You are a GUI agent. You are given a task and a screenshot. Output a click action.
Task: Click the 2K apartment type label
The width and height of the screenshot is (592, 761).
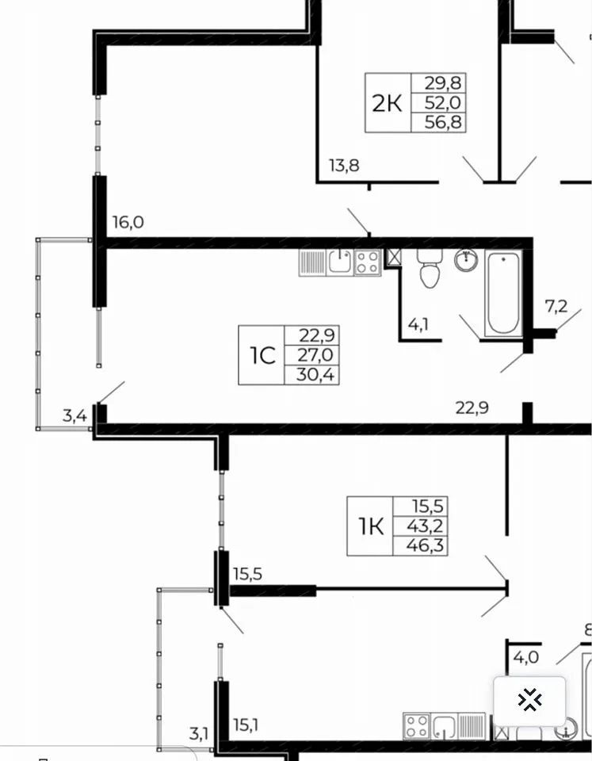click(x=387, y=103)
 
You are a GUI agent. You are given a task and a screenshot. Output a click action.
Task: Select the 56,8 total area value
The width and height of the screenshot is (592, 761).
click(x=442, y=122)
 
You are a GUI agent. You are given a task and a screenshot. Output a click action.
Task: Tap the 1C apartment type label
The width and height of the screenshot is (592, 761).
click(x=262, y=356)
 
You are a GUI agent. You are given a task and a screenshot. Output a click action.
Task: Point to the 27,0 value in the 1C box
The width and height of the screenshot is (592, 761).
click(x=315, y=355)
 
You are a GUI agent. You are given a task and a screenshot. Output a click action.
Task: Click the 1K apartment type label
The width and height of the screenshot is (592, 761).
click(x=371, y=526)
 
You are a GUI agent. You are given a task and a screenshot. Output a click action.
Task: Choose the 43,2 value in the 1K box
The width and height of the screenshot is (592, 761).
click(x=425, y=526)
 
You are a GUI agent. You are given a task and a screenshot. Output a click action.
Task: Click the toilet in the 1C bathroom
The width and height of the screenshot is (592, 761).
click(x=430, y=269)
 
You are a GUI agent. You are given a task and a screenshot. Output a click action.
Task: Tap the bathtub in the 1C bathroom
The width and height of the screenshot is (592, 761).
click(x=504, y=293)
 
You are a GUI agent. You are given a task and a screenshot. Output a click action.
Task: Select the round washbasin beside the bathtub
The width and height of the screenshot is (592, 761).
click(x=467, y=260)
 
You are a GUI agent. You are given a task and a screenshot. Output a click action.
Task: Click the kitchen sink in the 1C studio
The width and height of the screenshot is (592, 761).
click(x=340, y=262)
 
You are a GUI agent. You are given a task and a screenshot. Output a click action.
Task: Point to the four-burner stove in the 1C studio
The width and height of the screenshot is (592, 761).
click(x=368, y=262)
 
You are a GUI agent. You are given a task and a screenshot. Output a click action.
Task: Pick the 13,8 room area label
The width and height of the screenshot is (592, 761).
click(x=344, y=166)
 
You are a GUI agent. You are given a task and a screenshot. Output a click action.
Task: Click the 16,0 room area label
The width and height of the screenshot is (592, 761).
click(x=128, y=222)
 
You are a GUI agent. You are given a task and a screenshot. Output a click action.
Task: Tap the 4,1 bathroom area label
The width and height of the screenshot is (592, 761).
click(x=418, y=324)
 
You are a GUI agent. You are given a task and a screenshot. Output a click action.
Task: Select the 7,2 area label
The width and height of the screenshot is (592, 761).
click(x=556, y=306)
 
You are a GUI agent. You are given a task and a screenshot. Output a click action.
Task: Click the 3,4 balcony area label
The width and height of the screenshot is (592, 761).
click(x=74, y=416)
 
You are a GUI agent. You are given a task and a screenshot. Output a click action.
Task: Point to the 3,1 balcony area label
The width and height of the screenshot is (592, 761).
click(x=198, y=733)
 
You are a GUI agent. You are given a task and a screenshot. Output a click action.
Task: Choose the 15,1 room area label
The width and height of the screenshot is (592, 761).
click(x=246, y=725)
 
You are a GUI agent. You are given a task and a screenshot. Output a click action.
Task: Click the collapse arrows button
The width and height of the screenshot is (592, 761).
click(x=529, y=700)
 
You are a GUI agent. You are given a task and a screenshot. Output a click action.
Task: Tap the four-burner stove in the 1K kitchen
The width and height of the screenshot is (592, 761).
click(x=417, y=726)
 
